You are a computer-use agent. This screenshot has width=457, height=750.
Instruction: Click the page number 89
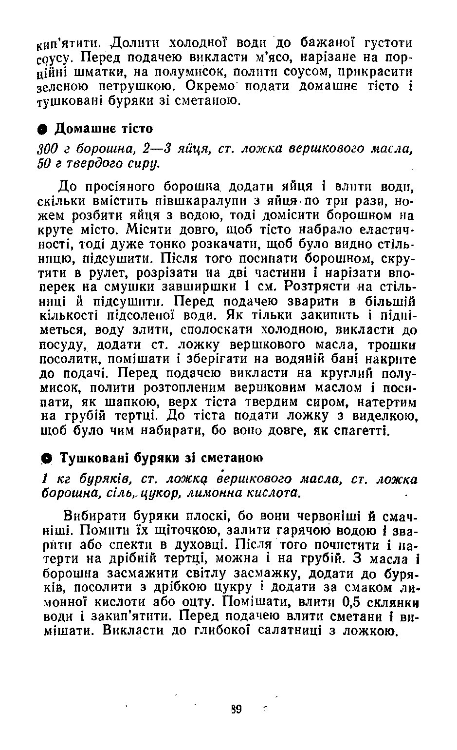[x=237, y=709]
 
